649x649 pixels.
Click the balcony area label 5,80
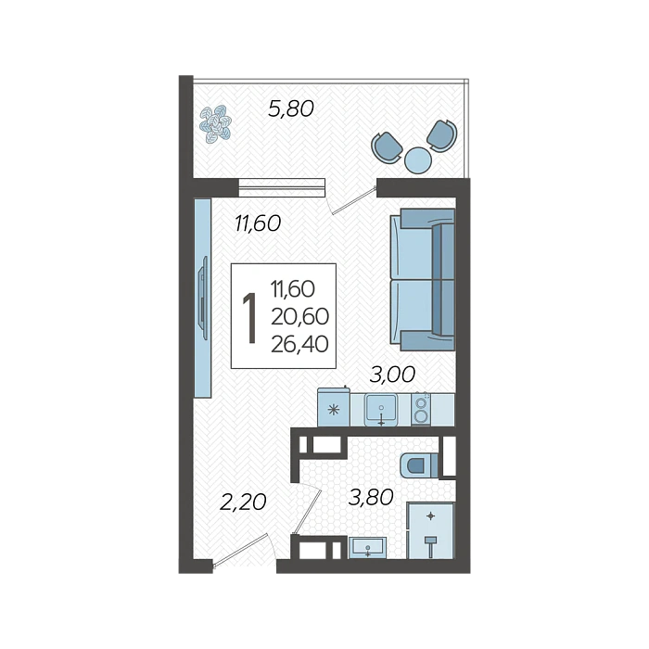coord(291,109)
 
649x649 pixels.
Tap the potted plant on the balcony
coord(215,123)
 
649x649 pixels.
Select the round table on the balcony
coord(418,159)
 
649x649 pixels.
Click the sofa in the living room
coord(423,279)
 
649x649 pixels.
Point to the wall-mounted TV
coord(203,298)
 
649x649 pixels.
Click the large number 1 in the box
coord(249,317)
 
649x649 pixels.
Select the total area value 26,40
coord(299,344)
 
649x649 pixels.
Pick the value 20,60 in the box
coord(299,317)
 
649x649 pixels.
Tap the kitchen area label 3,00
coord(392,375)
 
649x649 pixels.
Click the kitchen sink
coord(381,410)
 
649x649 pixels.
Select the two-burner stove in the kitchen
coord(421,409)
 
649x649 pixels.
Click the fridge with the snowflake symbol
coord(334,407)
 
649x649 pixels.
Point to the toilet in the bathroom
coord(419,464)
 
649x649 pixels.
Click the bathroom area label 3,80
coord(371,497)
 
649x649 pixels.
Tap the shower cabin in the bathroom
coord(430,530)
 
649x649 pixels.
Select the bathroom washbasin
coord(367,548)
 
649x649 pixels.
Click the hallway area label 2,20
coord(243,503)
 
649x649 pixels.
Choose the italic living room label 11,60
coord(258,223)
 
